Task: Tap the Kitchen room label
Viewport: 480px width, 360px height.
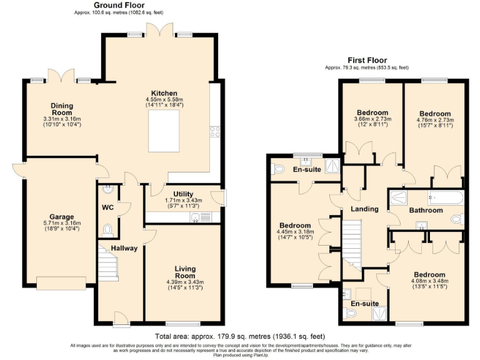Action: coord(164,93)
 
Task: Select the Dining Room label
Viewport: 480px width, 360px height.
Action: coord(62,109)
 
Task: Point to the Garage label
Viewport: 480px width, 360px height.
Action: coord(62,216)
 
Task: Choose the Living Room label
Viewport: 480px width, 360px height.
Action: coord(184,272)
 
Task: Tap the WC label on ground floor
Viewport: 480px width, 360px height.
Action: coord(107,207)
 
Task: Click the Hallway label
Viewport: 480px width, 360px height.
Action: coord(124,248)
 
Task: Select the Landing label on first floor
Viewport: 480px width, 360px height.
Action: coord(364,209)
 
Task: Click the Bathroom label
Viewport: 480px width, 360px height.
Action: coord(426,211)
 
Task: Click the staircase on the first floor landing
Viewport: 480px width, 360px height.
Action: coord(351,244)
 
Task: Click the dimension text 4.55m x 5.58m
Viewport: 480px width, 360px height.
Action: coord(164,100)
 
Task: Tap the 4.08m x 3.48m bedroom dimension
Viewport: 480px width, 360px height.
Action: coord(429,281)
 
